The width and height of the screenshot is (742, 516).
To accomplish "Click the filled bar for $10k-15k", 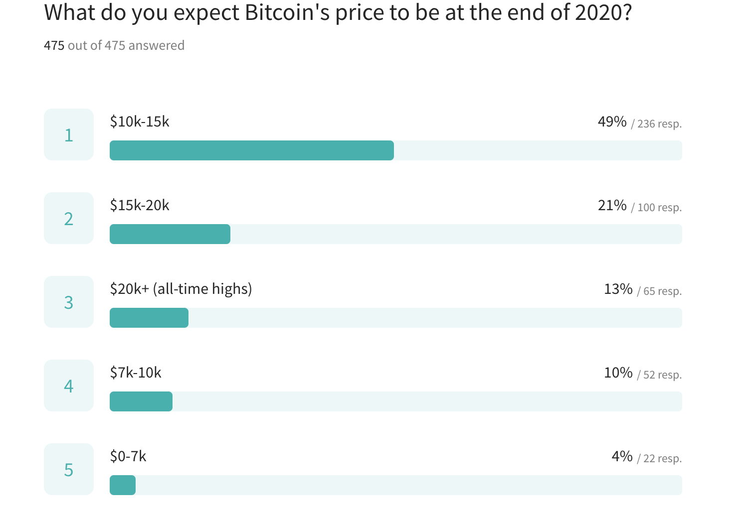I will coord(251,150).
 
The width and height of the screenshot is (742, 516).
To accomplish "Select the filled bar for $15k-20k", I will coord(170,234).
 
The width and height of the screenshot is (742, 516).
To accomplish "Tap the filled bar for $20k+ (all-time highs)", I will coord(149,318).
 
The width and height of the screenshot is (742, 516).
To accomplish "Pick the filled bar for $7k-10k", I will coord(141,401).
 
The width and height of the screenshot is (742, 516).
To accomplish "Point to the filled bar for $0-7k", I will coord(122,485).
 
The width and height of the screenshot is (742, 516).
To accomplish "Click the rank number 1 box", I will coord(69,134).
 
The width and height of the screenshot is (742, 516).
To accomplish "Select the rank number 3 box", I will coord(69,302).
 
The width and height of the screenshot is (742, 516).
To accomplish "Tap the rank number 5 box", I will coord(69,469).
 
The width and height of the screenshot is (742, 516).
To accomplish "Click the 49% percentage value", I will coord(612,122).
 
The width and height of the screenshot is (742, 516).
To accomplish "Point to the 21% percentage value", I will coord(612,205).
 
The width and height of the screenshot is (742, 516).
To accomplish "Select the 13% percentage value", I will coord(618,289).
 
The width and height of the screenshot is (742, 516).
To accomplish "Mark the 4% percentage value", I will coord(622,456).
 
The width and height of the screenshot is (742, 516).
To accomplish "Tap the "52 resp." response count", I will coord(662,375).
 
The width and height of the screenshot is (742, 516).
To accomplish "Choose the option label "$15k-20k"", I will coord(140,205).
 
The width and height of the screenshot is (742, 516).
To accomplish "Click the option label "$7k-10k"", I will coord(136,373).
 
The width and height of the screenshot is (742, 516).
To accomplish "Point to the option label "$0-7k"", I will coord(128,456).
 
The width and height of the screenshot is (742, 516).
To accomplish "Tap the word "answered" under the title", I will coord(157,45).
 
